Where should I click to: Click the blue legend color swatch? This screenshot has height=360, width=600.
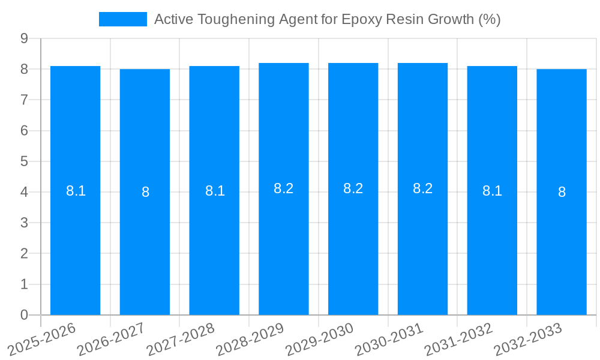(122, 19)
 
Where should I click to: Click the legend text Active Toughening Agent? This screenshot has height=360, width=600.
(327, 19)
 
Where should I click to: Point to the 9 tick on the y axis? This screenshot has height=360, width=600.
(24, 38)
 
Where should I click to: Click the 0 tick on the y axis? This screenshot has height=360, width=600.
(24, 315)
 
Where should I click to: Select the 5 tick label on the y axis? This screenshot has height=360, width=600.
(24, 161)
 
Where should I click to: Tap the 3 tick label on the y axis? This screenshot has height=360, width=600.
(24, 223)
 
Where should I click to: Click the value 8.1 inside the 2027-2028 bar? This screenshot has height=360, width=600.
(215, 191)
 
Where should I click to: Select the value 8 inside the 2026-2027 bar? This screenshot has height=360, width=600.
(145, 192)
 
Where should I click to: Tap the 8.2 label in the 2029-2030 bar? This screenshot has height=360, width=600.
(353, 188)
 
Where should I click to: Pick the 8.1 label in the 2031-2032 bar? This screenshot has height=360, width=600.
(492, 191)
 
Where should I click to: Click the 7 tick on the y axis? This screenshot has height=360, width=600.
(24, 100)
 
